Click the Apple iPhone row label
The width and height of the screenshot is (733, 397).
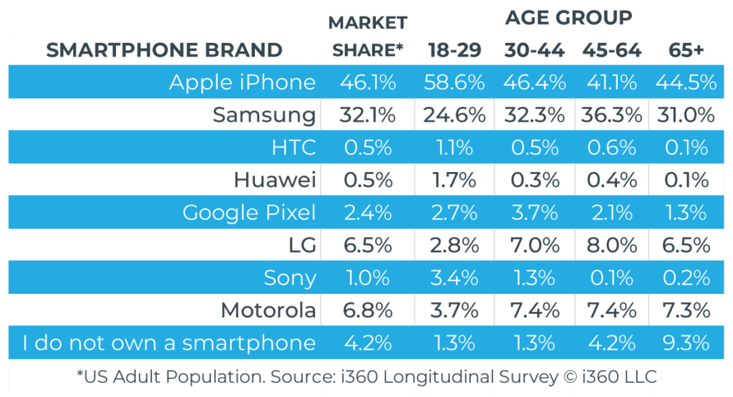pyautogui.click(x=242, y=82)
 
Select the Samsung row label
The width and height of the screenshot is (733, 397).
pyautogui.click(x=264, y=115)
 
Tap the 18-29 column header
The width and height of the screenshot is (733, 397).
pyautogui.click(x=455, y=50)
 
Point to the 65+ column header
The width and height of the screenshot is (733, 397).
pyautogui.click(x=685, y=50)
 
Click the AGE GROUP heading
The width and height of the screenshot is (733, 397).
pyautogui.click(x=568, y=17)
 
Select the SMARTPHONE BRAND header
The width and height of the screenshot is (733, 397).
pyautogui.click(x=164, y=50)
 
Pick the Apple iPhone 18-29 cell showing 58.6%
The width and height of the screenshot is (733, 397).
pyautogui.click(x=455, y=82)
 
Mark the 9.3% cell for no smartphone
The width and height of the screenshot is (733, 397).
pyautogui.click(x=685, y=343)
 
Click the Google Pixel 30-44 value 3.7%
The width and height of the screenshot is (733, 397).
pyautogui.click(x=534, y=213)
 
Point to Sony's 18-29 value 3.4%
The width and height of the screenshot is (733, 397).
pyautogui.click(x=455, y=278)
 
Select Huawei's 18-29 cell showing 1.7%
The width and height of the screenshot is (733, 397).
pyautogui.click(x=455, y=180)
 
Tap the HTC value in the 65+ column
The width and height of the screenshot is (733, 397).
pyautogui.click(x=685, y=148)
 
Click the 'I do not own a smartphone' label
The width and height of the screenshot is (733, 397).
pyautogui.click(x=168, y=343)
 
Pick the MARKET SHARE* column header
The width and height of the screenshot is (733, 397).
pyautogui.click(x=368, y=36)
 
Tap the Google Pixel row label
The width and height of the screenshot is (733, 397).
pyautogui.click(x=248, y=213)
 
